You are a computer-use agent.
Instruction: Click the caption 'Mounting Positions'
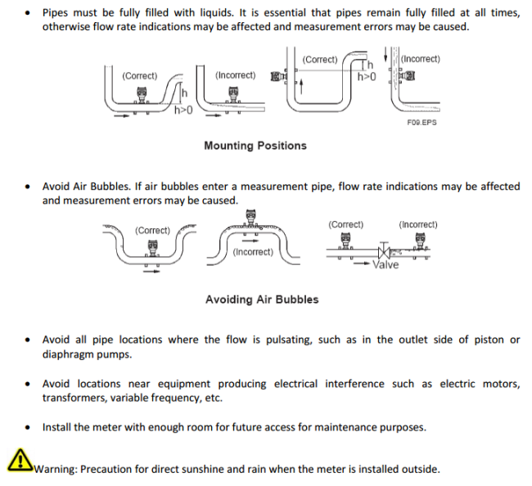click(255, 146)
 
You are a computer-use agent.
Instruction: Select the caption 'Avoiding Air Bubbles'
click(262, 299)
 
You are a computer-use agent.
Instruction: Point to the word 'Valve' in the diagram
click(385, 265)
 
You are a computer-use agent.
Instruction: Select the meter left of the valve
click(345, 241)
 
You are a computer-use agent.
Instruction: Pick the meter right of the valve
click(421, 241)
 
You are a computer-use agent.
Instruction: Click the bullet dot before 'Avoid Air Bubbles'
click(29, 187)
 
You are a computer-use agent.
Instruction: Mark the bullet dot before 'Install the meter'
click(29, 427)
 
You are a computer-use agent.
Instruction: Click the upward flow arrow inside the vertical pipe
click(301, 85)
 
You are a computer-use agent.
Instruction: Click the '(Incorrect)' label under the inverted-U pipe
click(253, 252)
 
